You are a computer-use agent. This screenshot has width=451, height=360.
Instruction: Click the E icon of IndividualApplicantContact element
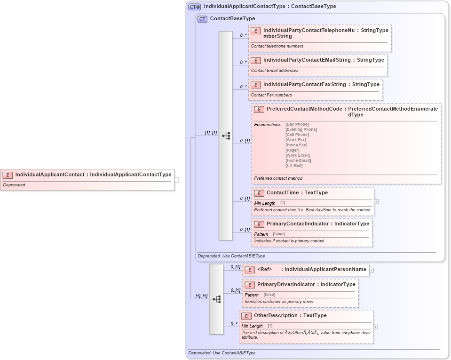tap(8, 175)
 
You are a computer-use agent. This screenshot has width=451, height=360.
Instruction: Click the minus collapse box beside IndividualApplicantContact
tap(176, 180)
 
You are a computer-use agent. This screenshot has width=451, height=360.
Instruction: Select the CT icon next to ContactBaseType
tap(202, 19)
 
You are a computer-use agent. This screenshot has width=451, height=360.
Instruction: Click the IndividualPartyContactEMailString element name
tap(307, 60)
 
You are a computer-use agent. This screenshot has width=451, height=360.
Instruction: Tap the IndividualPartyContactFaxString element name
tap(304, 85)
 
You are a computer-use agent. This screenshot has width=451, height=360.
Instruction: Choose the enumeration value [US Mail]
tap(294, 166)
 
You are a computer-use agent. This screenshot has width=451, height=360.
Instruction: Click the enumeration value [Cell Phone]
tap(297, 135)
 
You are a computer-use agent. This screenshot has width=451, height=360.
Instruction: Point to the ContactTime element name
tap(284, 193)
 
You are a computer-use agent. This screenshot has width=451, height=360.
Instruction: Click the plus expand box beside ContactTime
tap(376, 201)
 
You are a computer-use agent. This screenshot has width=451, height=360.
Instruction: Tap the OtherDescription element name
tap(276, 316)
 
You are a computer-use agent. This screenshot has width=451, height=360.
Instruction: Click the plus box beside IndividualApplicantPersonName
tap(372, 270)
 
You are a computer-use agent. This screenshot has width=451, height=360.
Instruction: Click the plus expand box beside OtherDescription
tap(375, 327)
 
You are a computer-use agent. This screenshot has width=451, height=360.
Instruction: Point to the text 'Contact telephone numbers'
tap(277, 46)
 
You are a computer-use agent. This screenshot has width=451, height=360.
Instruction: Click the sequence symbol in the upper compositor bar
tap(226, 136)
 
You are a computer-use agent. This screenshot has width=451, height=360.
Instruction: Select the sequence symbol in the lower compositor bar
tap(216, 299)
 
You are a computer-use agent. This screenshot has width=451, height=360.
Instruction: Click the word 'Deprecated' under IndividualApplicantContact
tap(14, 185)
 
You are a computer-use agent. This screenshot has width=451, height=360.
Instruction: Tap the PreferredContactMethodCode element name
tap(304, 109)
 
